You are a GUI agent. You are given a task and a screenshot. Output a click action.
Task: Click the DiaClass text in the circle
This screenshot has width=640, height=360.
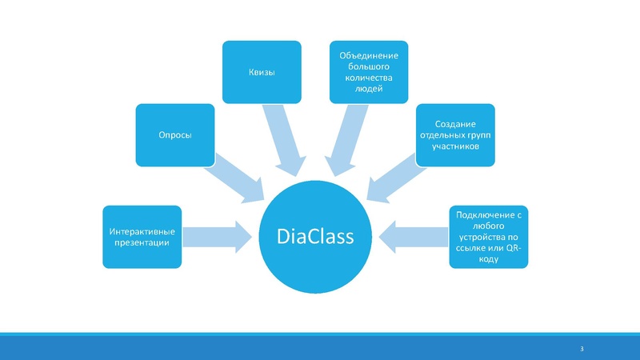(x=319, y=238)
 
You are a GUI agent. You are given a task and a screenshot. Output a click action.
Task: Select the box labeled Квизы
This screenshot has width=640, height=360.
(x=262, y=72)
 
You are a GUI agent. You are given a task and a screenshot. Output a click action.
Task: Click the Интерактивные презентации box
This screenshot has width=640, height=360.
(x=142, y=237)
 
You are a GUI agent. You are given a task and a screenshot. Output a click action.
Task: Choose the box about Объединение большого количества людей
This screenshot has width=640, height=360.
(x=370, y=72)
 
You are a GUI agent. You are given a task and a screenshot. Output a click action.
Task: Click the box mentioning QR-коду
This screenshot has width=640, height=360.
(x=488, y=237)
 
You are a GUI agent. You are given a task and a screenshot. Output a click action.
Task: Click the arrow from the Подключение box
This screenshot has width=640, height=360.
(x=412, y=237)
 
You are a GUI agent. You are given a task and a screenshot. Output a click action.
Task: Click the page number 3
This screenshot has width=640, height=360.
(x=582, y=350)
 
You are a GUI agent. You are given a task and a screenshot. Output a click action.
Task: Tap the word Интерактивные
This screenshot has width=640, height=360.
(x=142, y=231)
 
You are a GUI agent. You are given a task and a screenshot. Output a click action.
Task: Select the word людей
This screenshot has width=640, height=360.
(x=370, y=89)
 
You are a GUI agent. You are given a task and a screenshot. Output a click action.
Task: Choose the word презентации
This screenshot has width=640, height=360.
(x=142, y=242)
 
